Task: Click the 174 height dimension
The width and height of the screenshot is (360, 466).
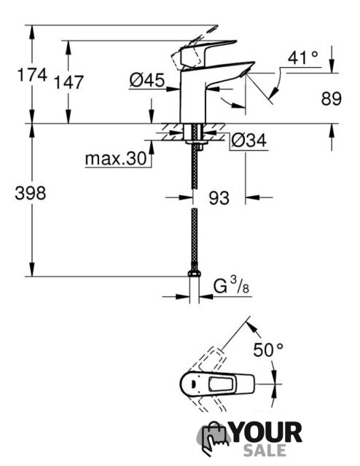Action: click(32, 74)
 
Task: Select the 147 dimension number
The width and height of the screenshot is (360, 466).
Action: click(69, 82)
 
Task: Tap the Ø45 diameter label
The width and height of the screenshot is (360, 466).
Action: click(147, 80)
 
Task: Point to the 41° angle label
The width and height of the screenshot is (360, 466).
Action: click(303, 58)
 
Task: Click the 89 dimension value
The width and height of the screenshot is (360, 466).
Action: click(331, 99)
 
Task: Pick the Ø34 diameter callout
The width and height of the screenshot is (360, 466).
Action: click(249, 141)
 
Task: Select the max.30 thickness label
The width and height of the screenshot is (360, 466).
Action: click(116, 159)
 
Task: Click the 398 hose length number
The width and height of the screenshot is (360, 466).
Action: click(31, 193)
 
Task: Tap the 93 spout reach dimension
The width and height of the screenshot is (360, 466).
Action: click(219, 198)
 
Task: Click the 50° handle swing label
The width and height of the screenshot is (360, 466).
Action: click(268, 349)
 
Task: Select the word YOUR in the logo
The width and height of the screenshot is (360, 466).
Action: click(267, 433)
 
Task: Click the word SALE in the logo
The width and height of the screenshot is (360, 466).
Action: click(265, 450)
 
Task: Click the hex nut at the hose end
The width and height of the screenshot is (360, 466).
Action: click(195, 274)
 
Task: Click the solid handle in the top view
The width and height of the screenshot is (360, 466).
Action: click(217, 384)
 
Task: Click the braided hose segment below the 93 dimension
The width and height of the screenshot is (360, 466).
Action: click(195, 235)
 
